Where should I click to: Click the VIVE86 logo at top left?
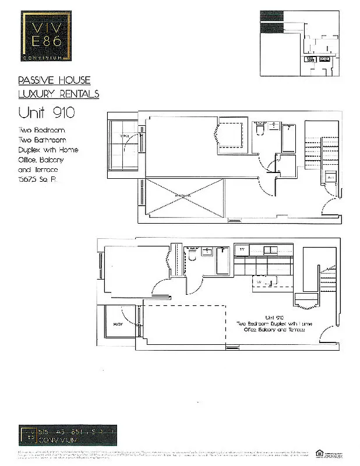47,36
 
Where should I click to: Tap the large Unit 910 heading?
47,111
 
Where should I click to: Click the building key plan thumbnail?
298,44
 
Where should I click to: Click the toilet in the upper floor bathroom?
260,130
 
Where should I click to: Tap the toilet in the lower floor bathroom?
192,256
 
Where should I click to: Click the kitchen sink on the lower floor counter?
270,250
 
